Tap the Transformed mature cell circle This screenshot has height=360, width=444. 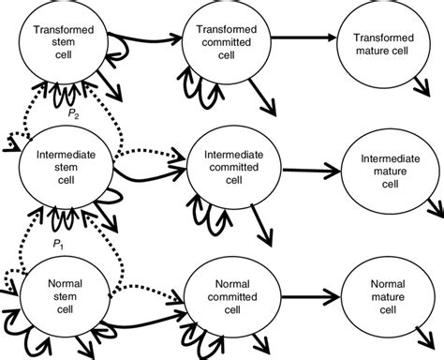pos(382,43)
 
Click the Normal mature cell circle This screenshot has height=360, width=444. pos(382,292)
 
